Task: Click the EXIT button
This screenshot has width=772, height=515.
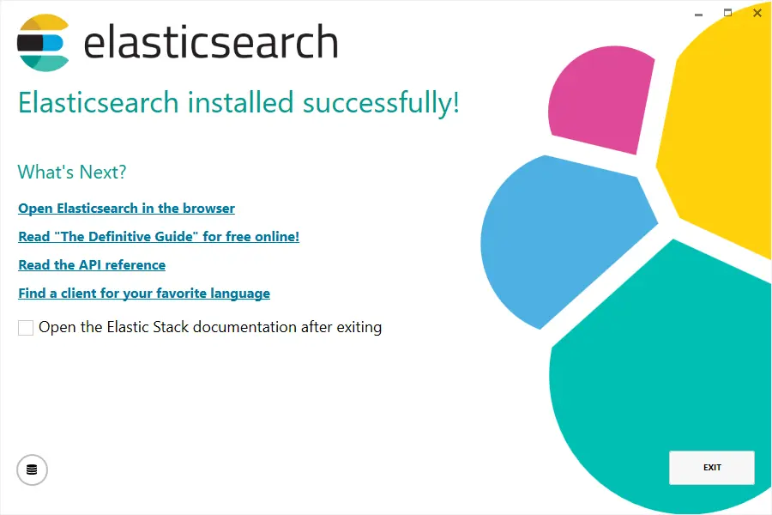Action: [x=711, y=467]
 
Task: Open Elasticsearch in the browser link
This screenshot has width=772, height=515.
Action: [x=127, y=209]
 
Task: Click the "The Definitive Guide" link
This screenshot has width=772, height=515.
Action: [x=159, y=237]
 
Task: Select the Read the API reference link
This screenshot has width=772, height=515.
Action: [x=92, y=265]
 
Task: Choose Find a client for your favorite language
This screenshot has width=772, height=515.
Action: [x=144, y=294]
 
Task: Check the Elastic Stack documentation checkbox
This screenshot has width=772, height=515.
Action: [x=26, y=328]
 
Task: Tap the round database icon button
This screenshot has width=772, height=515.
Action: [x=32, y=470]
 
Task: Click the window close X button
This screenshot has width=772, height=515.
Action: [x=757, y=14]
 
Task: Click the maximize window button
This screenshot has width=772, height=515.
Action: [x=727, y=13]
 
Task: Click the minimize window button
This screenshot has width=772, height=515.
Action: [x=698, y=15]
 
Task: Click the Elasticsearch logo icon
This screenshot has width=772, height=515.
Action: [x=43, y=43]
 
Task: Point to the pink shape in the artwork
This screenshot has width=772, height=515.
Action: [x=601, y=100]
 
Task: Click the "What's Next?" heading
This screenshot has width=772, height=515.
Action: [x=72, y=172]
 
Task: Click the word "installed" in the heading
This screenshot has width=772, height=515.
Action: [x=240, y=102]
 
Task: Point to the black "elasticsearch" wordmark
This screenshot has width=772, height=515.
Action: [x=211, y=42]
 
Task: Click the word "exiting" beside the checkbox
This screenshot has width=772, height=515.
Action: [x=359, y=328]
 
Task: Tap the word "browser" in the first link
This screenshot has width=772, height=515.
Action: [x=208, y=209]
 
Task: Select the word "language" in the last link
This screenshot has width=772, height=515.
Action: [x=240, y=294]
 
